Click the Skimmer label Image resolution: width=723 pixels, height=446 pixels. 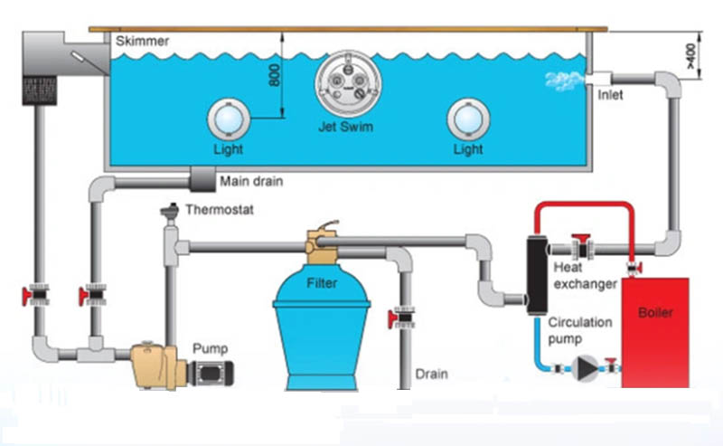coord(142,41)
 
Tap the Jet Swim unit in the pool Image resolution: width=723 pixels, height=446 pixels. coord(348,84)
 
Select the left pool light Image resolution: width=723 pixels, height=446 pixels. coord(229,119)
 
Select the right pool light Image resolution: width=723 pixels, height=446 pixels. coord(468,119)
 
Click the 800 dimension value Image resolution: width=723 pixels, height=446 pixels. coord(275,75)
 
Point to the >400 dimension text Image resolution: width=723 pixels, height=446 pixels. coord(690,56)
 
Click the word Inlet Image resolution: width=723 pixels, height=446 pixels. coord(610,95)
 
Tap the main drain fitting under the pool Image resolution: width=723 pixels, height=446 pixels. coord(202,179)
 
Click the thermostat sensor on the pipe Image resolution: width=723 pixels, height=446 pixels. coord(170,211)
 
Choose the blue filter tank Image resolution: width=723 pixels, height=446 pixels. coord(322,327)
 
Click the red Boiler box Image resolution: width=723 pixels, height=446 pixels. coord(655,332)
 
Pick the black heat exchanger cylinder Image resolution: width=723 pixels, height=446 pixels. coord(537,275)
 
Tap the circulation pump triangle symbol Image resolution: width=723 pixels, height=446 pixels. coord(585,368)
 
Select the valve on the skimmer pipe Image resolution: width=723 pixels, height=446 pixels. coord(36,295)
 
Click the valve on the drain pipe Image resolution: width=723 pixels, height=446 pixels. coord(402,318)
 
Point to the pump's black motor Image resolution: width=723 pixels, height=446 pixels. coord(211,373)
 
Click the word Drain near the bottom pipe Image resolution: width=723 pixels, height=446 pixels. coord(432,374)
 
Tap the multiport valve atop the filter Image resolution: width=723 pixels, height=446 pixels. coord(322,243)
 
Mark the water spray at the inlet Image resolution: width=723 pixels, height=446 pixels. coord(563,81)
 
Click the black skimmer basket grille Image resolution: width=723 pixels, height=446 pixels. coord(40,90)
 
